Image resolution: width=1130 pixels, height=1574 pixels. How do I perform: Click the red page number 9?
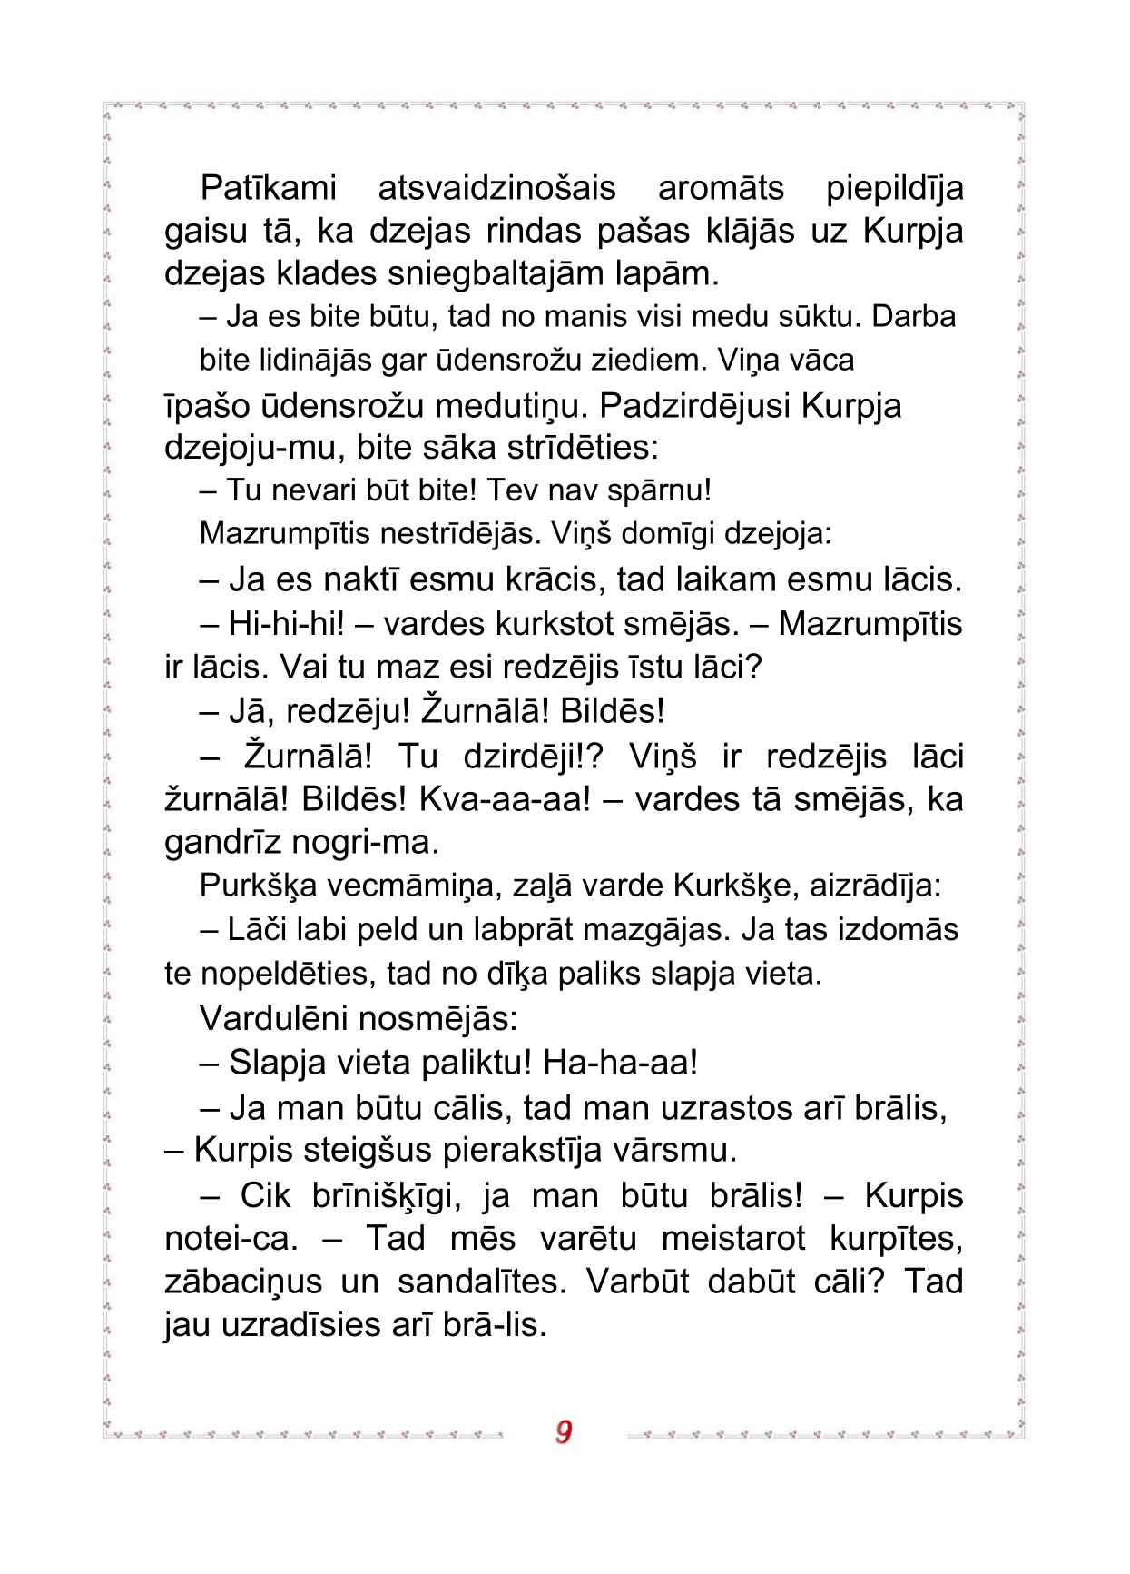tap(564, 1431)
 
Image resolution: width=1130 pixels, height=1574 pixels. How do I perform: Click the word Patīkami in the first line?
tap(268, 188)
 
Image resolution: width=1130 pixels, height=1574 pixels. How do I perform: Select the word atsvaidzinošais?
tap(496, 188)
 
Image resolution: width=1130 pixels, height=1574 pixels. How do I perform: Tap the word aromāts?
tap(721, 188)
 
